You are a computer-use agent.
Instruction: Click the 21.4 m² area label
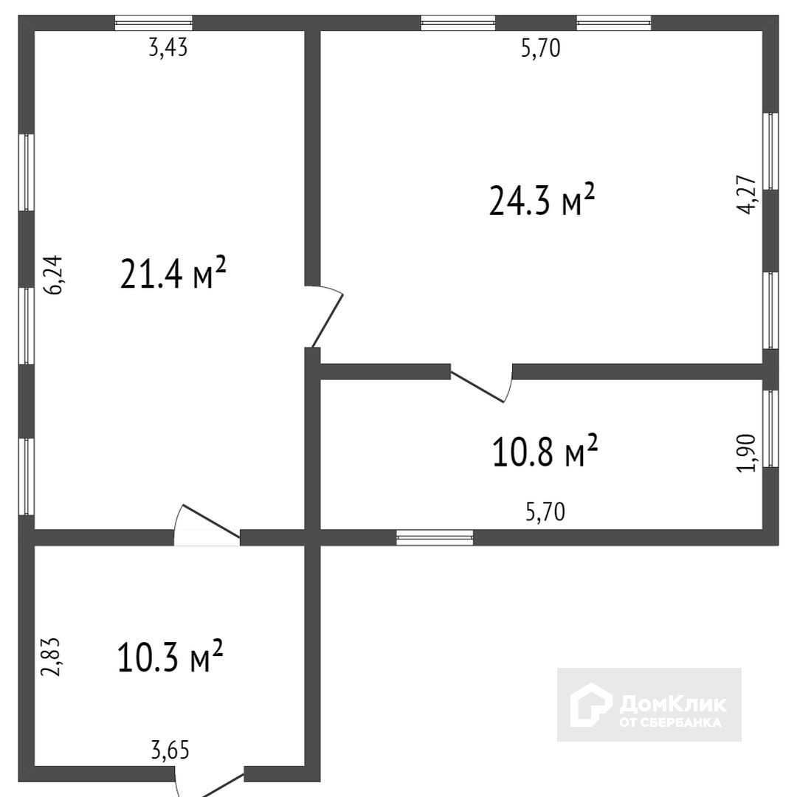pyautogui.click(x=173, y=274)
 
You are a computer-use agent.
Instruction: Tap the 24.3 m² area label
pyautogui.click(x=542, y=200)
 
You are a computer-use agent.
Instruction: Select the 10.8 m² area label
pyautogui.click(x=545, y=450)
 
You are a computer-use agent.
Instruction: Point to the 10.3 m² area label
pyautogui.click(x=170, y=656)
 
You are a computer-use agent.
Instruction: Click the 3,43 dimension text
pyautogui.click(x=168, y=48)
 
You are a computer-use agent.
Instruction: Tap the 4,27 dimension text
pyautogui.click(x=747, y=195)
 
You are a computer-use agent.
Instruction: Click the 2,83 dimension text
pyautogui.click(x=51, y=657)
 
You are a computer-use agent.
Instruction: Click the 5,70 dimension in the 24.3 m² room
pyautogui.click(x=541, y=48)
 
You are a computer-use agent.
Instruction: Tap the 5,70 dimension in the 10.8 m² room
pyautogui.click(x=545, y=512)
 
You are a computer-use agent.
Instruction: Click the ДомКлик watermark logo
pyautogui.click(x=649, y=705)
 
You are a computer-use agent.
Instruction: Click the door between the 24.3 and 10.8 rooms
pyautogui.click(x=481, y=383)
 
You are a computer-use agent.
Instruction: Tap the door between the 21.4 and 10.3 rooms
pyautogui.click(x=207, y=525)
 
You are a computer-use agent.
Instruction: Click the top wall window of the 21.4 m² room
pyautogui.click(x=154, y=23)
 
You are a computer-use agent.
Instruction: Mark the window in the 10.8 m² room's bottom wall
pyautogui.click(x=435, y=537)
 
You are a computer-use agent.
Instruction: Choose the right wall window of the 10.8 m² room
pyautogui.click(x=770, y=429)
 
